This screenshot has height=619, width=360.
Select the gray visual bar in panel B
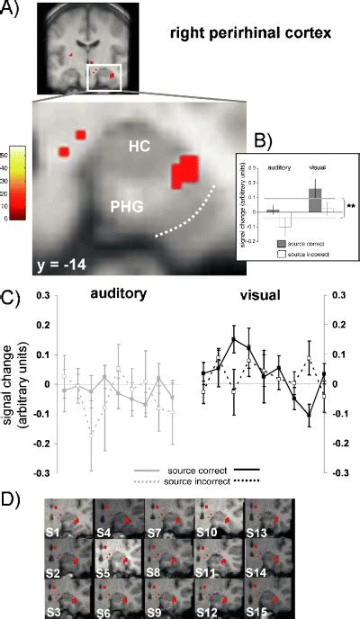point(315,200)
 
